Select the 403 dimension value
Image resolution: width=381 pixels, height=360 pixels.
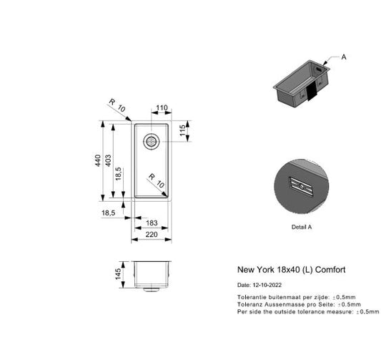[109, 162]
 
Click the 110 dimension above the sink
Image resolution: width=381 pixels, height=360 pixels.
[162, 108]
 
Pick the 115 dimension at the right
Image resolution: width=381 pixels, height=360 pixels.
[182, 131]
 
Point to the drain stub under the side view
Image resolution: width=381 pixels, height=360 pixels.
[150, 290]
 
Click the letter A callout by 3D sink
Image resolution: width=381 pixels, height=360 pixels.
[344, 57]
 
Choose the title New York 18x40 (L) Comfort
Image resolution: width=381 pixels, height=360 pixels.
[291, 270]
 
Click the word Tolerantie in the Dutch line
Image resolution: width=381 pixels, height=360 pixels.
[251, 296]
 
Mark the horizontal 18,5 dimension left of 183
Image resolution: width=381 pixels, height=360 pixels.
[109, 213]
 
